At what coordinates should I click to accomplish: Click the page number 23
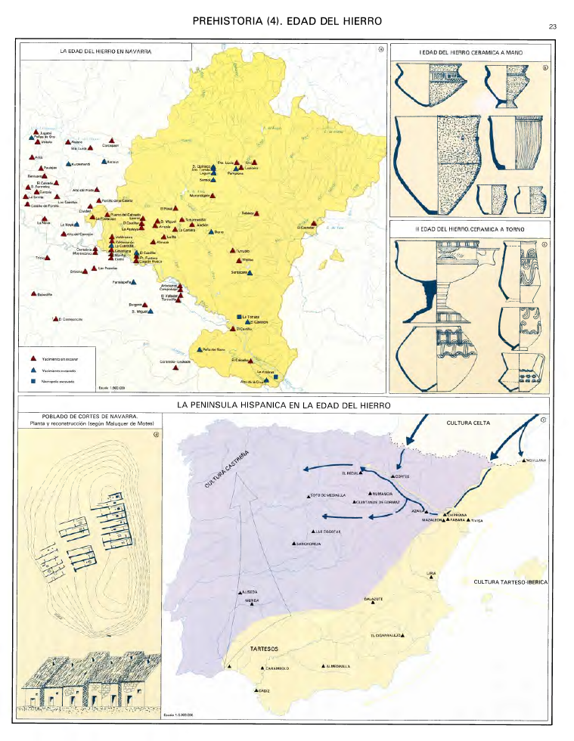(553, 27)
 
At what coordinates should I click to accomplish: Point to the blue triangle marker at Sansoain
(250, 272)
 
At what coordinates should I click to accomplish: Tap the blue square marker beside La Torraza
(240, 315)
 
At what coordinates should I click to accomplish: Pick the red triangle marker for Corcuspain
(112, 141)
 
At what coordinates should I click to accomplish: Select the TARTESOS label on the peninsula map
(265, 649)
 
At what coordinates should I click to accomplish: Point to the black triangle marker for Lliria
(431, 581)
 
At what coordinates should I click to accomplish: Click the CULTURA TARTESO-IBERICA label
(510, 582)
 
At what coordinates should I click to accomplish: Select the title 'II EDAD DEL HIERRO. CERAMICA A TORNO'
(470, 228)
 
